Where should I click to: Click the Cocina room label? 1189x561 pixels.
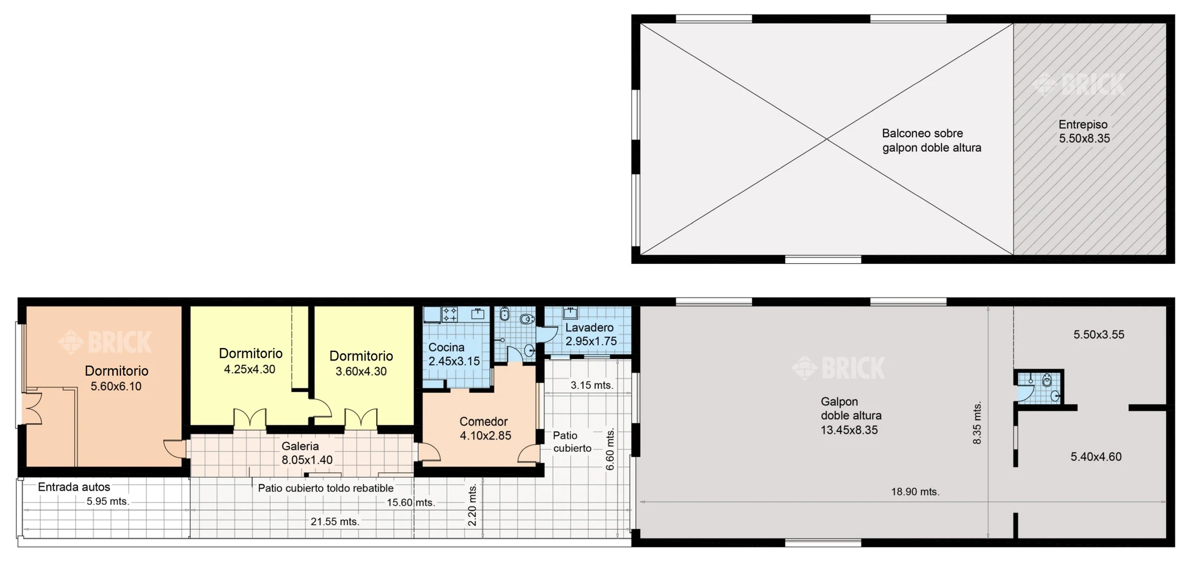454,354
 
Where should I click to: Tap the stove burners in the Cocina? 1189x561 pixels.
450,314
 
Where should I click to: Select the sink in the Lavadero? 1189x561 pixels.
571,312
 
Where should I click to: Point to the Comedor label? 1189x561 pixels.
485,429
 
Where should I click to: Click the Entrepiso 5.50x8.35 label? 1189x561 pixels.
1084,131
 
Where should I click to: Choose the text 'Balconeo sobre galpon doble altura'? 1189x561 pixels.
931,141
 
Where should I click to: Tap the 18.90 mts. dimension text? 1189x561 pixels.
915,492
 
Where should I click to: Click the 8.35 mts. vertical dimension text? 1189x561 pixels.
977,423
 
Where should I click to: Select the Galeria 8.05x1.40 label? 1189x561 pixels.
306,453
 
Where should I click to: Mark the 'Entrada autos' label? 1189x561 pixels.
74,487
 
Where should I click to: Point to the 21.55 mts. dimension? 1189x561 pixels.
335,522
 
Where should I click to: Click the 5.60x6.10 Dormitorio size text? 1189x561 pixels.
116,386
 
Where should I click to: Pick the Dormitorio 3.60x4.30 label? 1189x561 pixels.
361,363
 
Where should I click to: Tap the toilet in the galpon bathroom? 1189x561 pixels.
1047,380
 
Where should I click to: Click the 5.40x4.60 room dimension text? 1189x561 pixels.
1096,457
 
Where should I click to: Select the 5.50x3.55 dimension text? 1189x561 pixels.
1099,335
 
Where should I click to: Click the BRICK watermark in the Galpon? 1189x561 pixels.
838,368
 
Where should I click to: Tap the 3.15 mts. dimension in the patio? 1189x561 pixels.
592,385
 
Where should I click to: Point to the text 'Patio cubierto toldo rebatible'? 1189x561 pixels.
325,488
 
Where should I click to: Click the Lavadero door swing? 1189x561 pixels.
547,333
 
